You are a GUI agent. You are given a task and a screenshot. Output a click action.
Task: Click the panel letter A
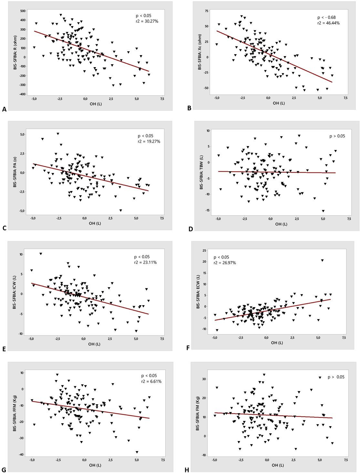pos(4,110)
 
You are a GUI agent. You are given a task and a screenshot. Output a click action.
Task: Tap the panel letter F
pos(188,348)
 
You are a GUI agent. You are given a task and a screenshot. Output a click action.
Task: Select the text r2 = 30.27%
pos(147,21)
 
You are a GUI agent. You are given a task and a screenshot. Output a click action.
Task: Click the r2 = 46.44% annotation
pos(328,23)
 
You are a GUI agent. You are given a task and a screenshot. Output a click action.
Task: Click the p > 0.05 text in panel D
pos(337,136)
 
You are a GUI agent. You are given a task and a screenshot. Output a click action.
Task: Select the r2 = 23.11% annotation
pos(145,262)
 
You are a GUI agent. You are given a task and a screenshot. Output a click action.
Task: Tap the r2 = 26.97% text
pos(225,263)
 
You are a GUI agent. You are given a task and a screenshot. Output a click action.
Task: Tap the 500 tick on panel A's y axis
pos(23,11)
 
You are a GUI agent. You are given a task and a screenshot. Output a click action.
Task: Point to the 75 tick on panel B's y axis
pos(206,11)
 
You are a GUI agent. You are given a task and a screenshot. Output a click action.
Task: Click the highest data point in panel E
pos(41,254)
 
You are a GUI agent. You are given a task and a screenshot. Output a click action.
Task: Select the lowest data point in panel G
pos(137,452)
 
